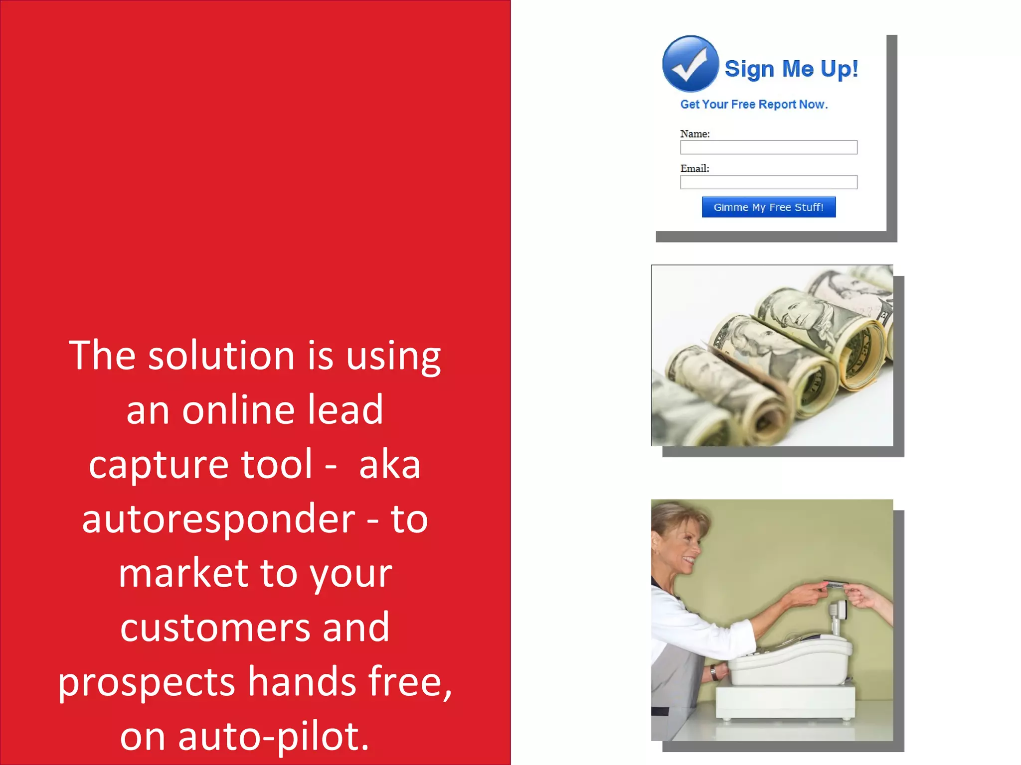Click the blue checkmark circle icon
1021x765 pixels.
click(690, 64)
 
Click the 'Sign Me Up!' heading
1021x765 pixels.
click(791, 69)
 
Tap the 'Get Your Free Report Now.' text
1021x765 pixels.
click(753, 105)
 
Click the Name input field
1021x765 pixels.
click(768, 147)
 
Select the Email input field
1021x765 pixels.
click(768, 182)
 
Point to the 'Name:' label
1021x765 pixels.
click(694, 134)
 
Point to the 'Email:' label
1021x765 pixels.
click(694, 169)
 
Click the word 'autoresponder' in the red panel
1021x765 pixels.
click(218, 519)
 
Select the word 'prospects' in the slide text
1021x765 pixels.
click(146, 682)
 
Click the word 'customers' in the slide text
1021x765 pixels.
click(215, 628)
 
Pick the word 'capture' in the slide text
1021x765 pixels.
click(159, 464)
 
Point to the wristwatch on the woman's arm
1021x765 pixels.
click(714, 673)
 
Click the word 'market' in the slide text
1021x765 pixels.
click(183, 573)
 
